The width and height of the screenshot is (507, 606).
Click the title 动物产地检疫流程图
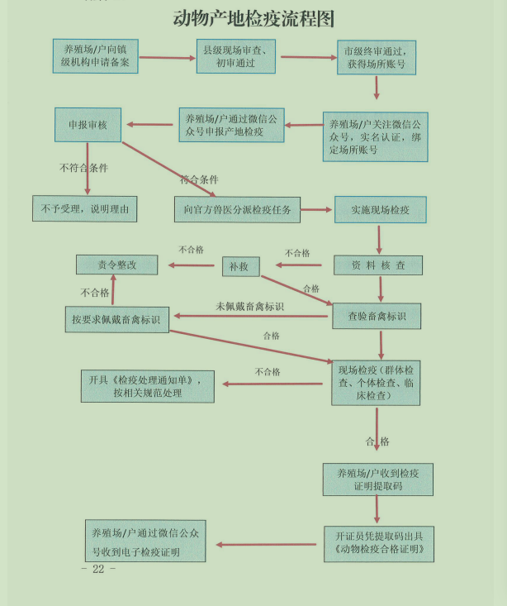click(253, 18)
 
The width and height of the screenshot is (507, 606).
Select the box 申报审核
click(88, 126)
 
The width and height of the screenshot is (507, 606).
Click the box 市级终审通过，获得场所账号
click(376, 57)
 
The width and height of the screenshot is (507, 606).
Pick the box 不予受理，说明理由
click(84, 209)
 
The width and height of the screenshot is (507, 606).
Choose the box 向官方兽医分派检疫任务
click(237, 210)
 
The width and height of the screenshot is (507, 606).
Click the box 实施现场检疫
click(380, 210)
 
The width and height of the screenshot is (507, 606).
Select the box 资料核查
click(377, 265)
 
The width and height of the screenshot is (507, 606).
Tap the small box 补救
click(240, 266)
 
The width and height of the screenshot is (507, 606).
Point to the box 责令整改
click(116, 265)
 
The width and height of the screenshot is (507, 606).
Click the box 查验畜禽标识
click(377, 315)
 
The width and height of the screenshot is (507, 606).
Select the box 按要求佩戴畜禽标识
click(116, 319)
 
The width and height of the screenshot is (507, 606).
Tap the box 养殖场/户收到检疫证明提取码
click(377, 480)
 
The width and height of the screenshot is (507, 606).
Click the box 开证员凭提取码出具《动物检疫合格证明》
click(379, 543)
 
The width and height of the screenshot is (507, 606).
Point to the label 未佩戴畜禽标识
click(249, 306)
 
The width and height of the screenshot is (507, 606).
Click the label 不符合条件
click(83, 168)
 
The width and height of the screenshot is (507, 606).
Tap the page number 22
click(98, 570)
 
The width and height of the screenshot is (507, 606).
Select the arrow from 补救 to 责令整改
click(195, 265)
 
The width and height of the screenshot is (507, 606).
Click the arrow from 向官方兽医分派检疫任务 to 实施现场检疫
click(317, 210)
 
